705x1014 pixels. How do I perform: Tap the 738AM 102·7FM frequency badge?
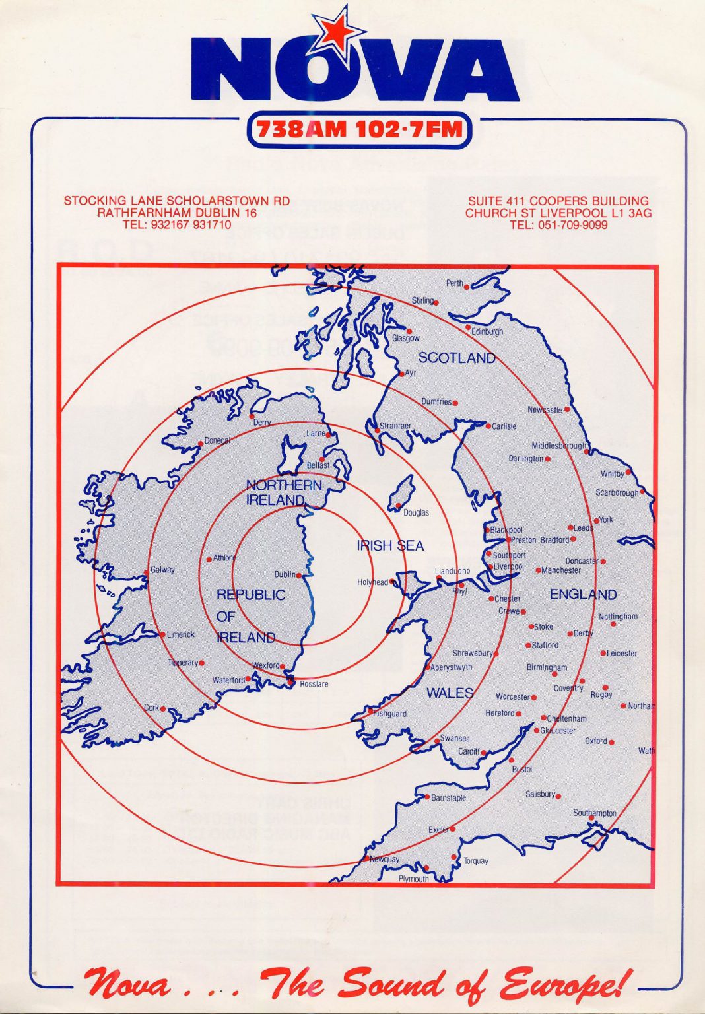359,129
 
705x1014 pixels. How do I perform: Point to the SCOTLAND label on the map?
457,358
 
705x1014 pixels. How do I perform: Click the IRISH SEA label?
390,546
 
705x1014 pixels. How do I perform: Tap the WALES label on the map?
450,693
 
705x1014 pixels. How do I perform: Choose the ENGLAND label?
583,595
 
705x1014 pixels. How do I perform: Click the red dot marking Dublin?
299,576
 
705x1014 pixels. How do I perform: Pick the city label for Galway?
162,570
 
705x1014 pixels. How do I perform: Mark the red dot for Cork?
163,709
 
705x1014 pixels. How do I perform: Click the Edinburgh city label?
487,332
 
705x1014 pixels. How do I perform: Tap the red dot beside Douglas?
399,506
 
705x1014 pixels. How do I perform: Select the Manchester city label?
561,570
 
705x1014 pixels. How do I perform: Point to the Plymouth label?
413,879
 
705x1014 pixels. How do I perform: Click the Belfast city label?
318,465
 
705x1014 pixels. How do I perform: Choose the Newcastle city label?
545,410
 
